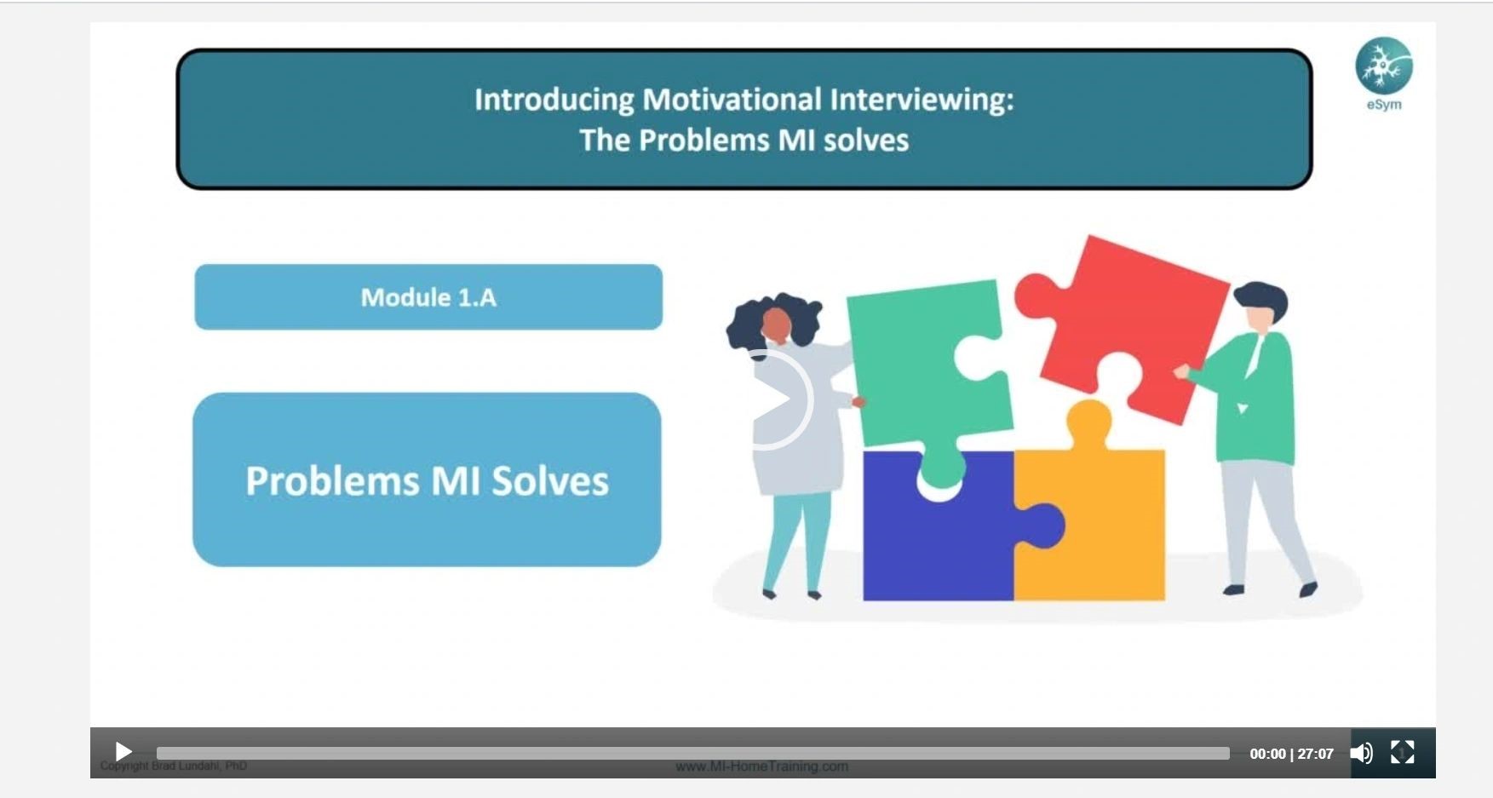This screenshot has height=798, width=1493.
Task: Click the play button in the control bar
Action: pos(123,752)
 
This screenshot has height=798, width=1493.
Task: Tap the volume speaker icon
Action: pos(1361,753)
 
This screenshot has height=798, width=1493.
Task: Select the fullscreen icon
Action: pos(1402,752)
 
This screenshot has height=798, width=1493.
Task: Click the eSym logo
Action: pos(1384,67)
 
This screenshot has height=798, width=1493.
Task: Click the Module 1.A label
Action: pos(428,297)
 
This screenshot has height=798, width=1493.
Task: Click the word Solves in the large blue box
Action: pos(550,480)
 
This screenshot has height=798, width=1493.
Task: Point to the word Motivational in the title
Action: pos(732,100)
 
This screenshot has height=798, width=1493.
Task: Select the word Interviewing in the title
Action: pos(922,100)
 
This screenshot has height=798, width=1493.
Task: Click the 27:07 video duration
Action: pos(1315,754)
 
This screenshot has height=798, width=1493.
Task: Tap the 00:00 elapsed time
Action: pos(1267,754)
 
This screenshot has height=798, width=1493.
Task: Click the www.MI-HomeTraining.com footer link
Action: pos(761,766)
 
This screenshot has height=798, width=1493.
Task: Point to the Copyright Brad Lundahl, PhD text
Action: pos(174,766)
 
